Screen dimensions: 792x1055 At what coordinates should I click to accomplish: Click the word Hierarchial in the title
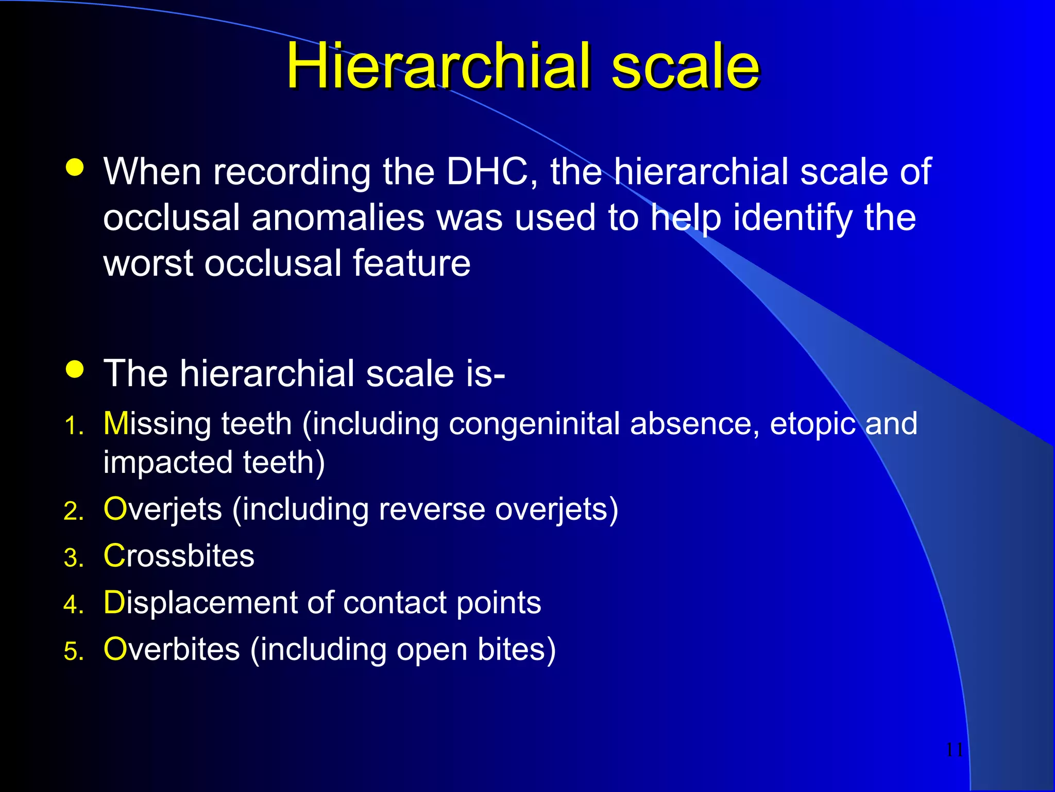(438, 66)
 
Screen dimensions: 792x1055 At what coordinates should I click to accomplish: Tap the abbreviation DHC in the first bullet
(487, 172)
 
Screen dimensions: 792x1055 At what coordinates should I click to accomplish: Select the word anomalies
(338, 218)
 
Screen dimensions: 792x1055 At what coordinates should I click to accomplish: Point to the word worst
(148, 263)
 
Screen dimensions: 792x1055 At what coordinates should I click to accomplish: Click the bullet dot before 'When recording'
(75, 168)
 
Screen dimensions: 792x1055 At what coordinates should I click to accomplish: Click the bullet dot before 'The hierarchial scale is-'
(75, 369)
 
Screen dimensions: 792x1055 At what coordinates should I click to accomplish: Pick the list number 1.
(73, 426)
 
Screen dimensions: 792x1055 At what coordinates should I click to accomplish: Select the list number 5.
(73, 651)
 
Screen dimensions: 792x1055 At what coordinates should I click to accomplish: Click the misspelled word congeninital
(534, 424)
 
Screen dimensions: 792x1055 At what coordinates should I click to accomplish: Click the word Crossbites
(179, 556)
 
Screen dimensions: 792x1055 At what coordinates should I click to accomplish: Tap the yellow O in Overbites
(115, 649)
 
